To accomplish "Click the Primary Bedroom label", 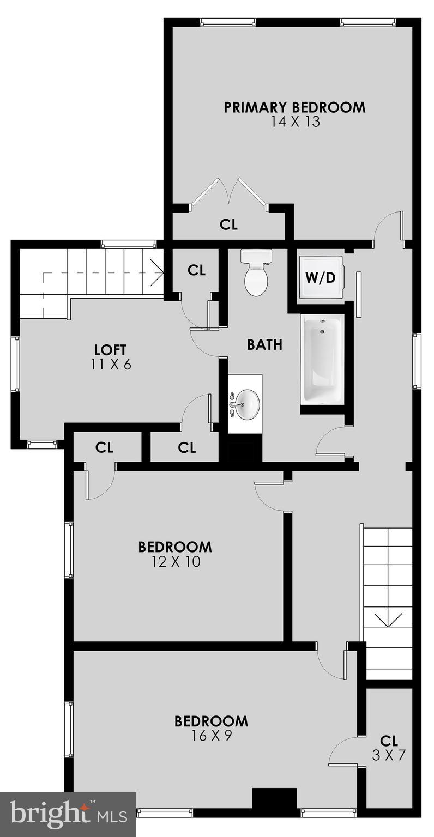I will tap(294, 107).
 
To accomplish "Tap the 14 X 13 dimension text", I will tap(294, 122).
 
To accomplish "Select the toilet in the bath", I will tap(256, 274).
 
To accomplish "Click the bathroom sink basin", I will tap(246, 404).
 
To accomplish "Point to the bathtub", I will tap(322, 360).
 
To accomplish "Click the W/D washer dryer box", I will tap(320, 278).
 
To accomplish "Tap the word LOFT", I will tap(111, 349).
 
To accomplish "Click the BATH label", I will tap(264, 344).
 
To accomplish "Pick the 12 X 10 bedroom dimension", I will tap(174, 561).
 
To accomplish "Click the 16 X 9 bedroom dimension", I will tap(211, 736).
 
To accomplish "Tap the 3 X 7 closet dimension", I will tap(389, 755).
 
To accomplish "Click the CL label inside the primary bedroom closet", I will tap(228, 225).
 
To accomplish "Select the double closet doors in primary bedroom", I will tap(229, 193).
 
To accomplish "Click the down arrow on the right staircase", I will tap(388, 621).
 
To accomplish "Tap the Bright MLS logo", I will tap(68, 814).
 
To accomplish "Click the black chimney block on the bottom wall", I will tap(274, 799).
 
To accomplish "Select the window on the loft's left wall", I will tap(16, 364).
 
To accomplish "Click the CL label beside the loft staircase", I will tap(196, 270).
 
